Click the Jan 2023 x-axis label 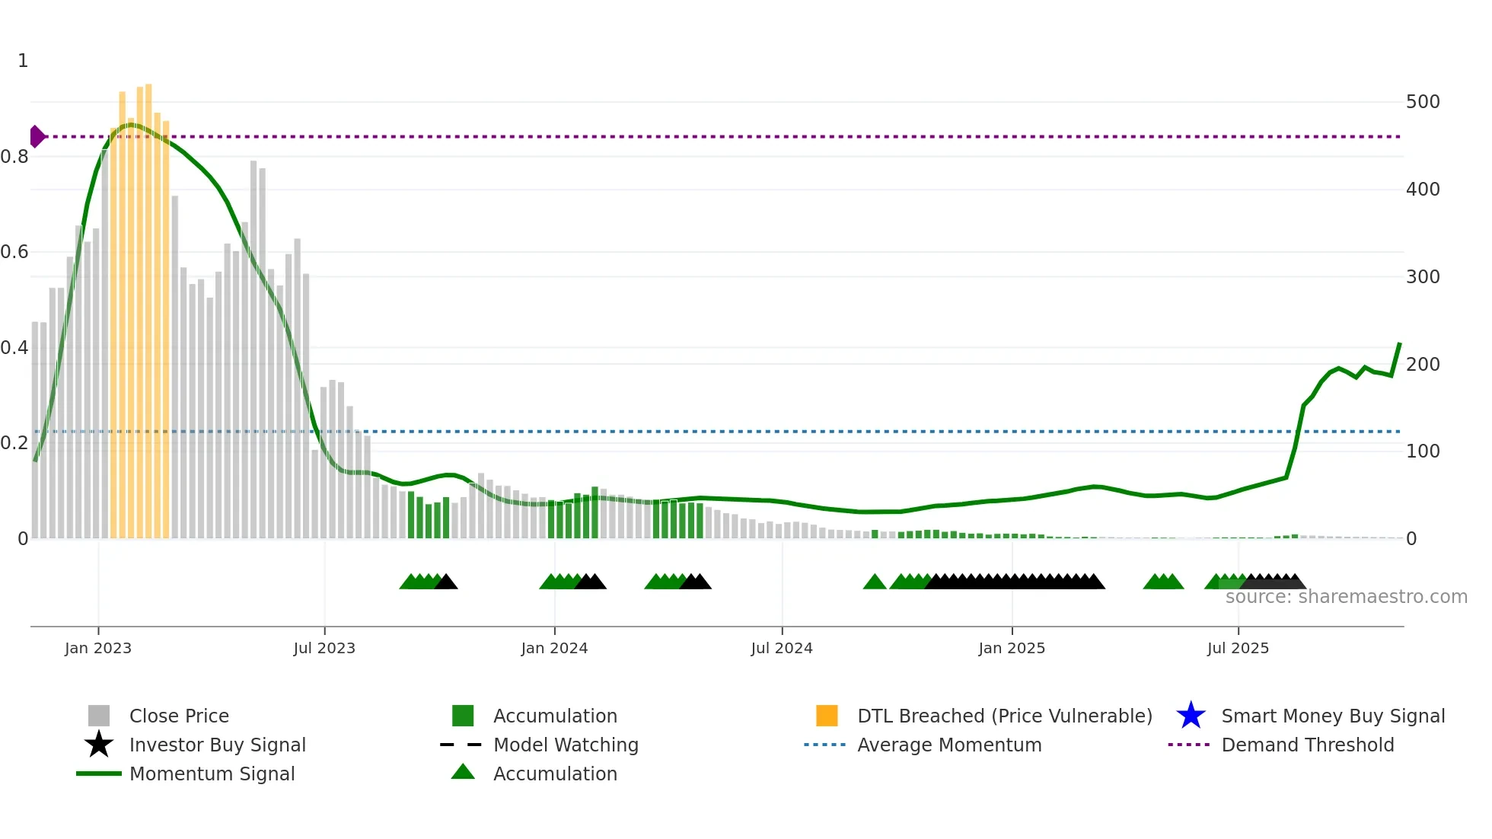97,648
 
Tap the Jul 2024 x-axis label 781,648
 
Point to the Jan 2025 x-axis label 1011,648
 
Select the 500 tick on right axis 1422,102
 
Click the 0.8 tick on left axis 14,157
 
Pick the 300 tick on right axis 1422,277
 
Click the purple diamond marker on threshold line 37,136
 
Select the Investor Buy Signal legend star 99,745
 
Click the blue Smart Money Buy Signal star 1191,716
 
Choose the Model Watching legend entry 565,745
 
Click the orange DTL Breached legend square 827,716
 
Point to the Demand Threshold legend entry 1307,745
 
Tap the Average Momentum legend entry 948,745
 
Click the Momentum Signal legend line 99,774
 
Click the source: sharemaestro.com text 1346,597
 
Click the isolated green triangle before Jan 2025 875,582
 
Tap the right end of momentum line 1399,344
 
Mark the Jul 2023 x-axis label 324,648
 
